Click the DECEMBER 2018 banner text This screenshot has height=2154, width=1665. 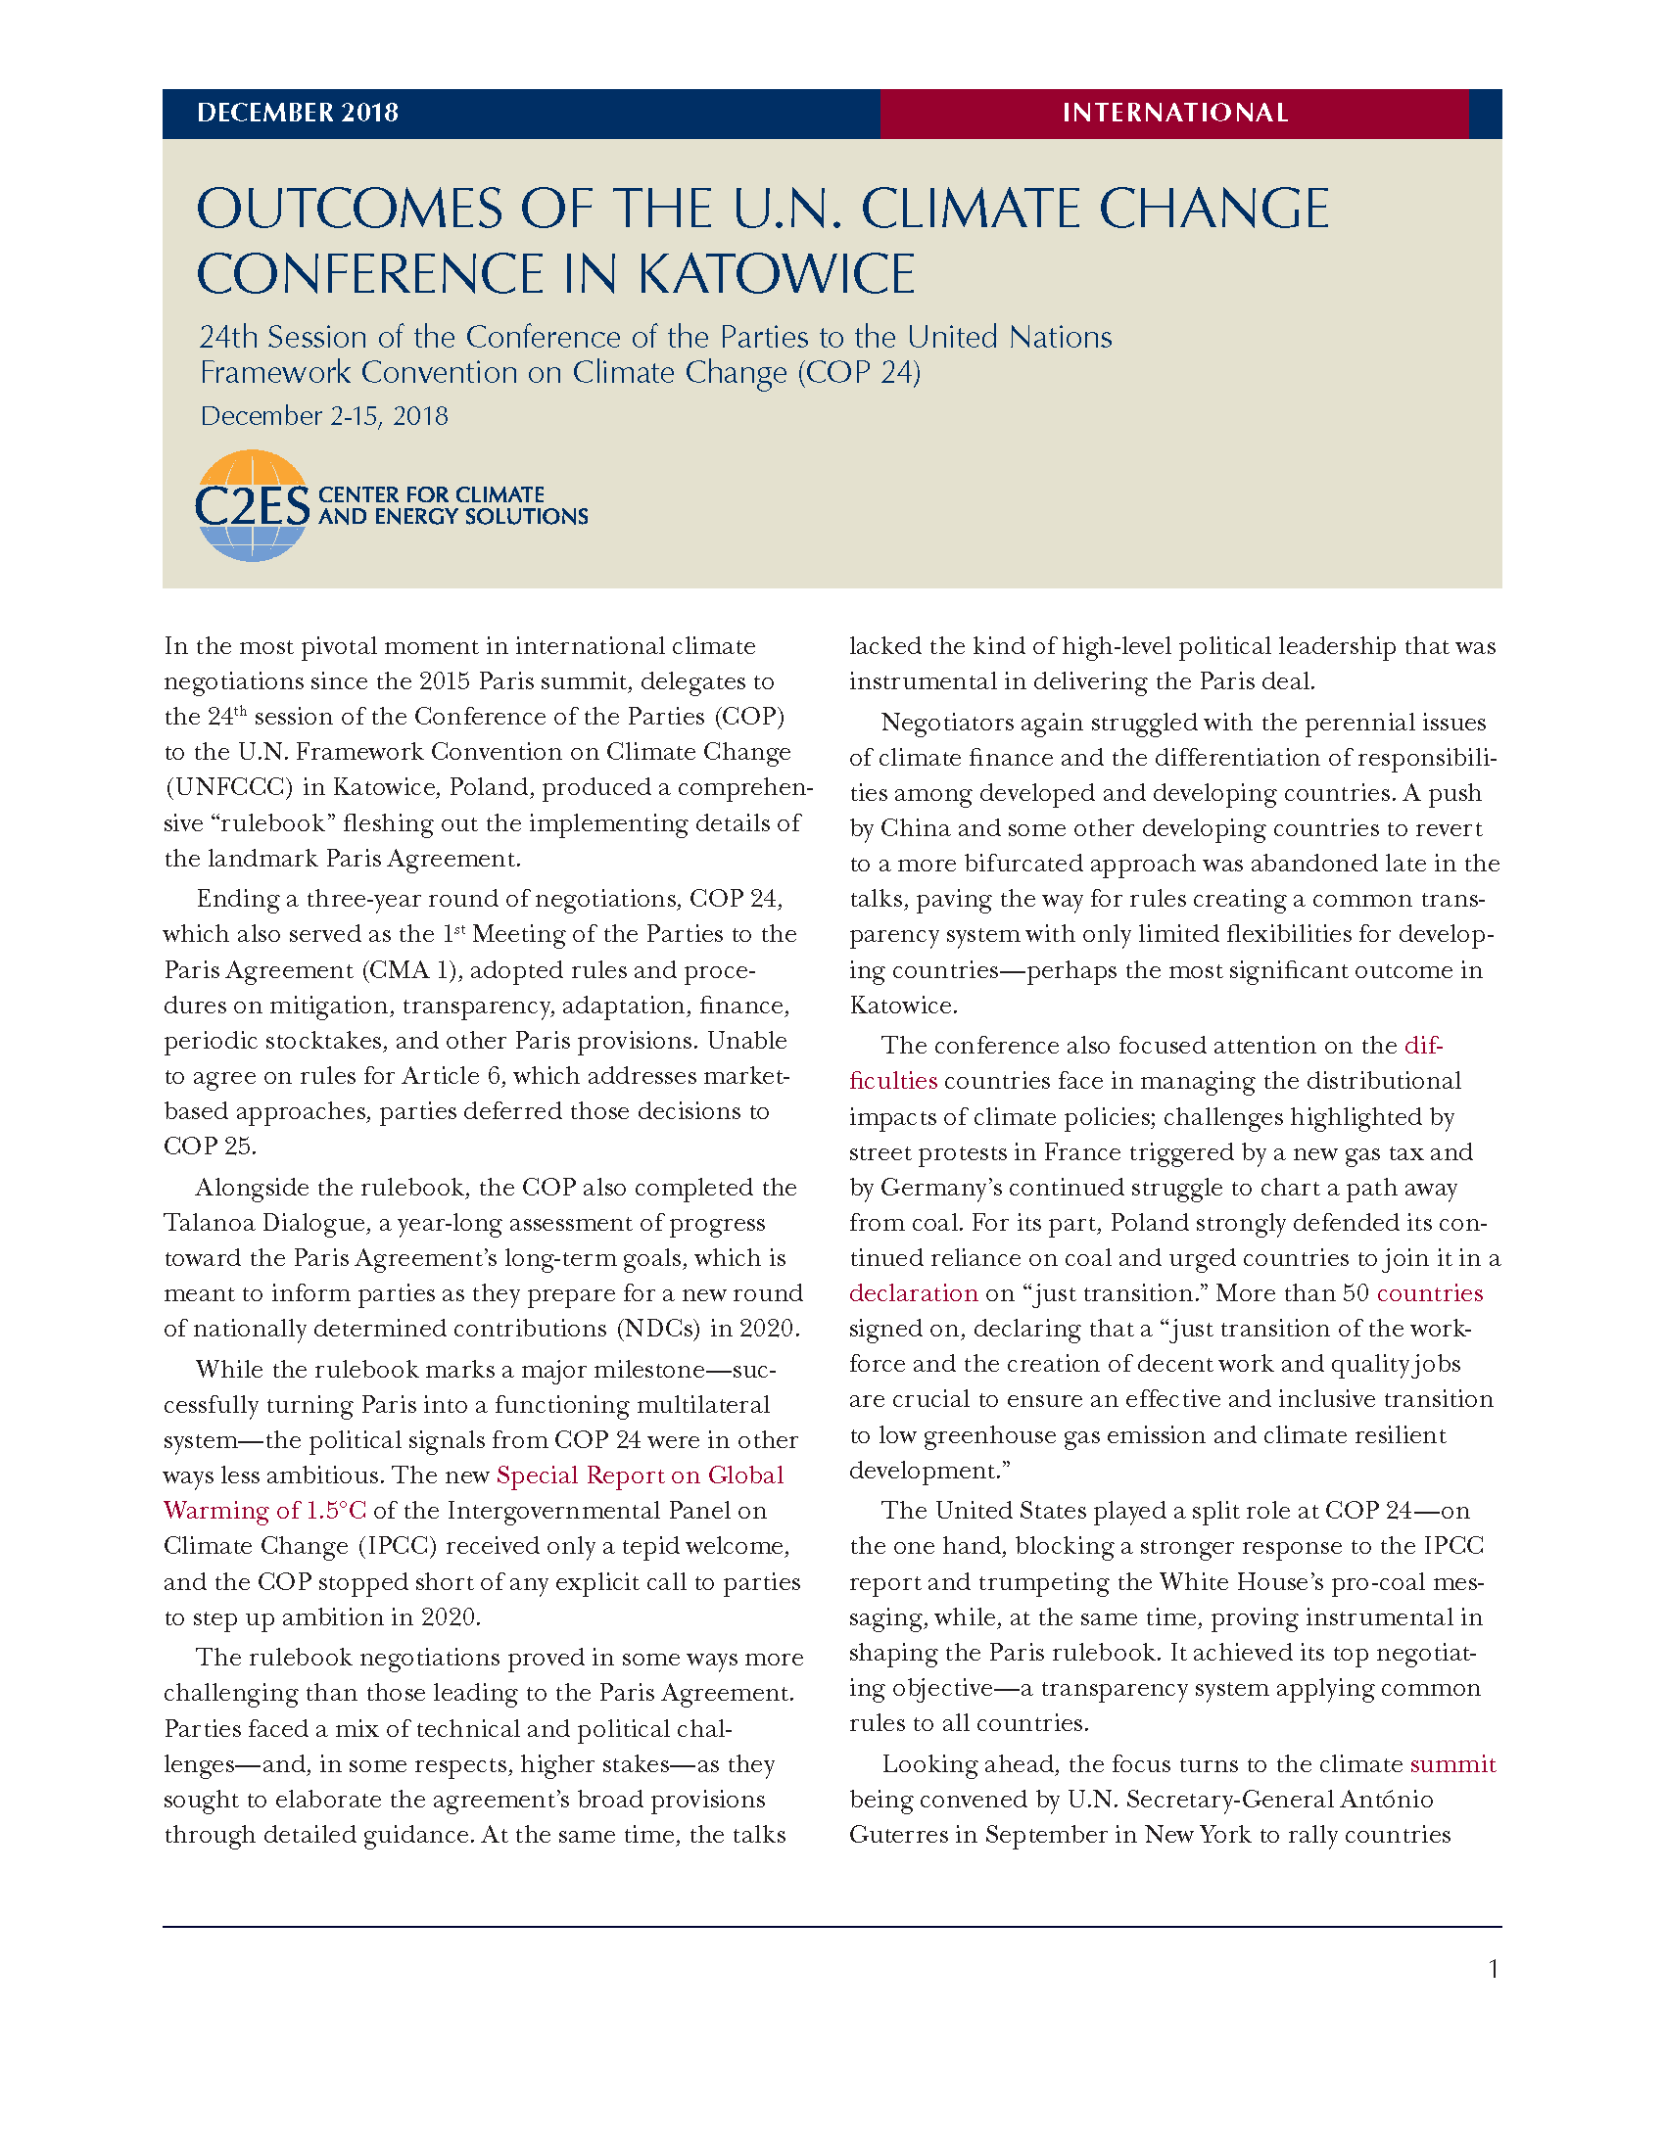click(297, 114)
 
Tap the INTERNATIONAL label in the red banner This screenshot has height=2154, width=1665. click(1174, 114)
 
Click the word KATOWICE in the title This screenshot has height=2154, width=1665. click(778, 274)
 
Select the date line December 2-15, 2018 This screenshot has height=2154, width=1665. click(323, 416)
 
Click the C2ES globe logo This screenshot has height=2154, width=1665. click(253, 506)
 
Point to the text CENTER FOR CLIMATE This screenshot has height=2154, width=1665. click(431, 494)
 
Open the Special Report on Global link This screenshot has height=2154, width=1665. click(640, 1475)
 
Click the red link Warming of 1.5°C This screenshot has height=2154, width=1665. click(264, 1510)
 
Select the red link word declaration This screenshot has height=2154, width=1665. click(914, 1293)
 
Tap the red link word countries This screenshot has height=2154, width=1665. click(1429, 1293)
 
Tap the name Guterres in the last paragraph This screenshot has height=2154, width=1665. click(897, 1835)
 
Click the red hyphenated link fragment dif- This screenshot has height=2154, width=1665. click(1423, 1046)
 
